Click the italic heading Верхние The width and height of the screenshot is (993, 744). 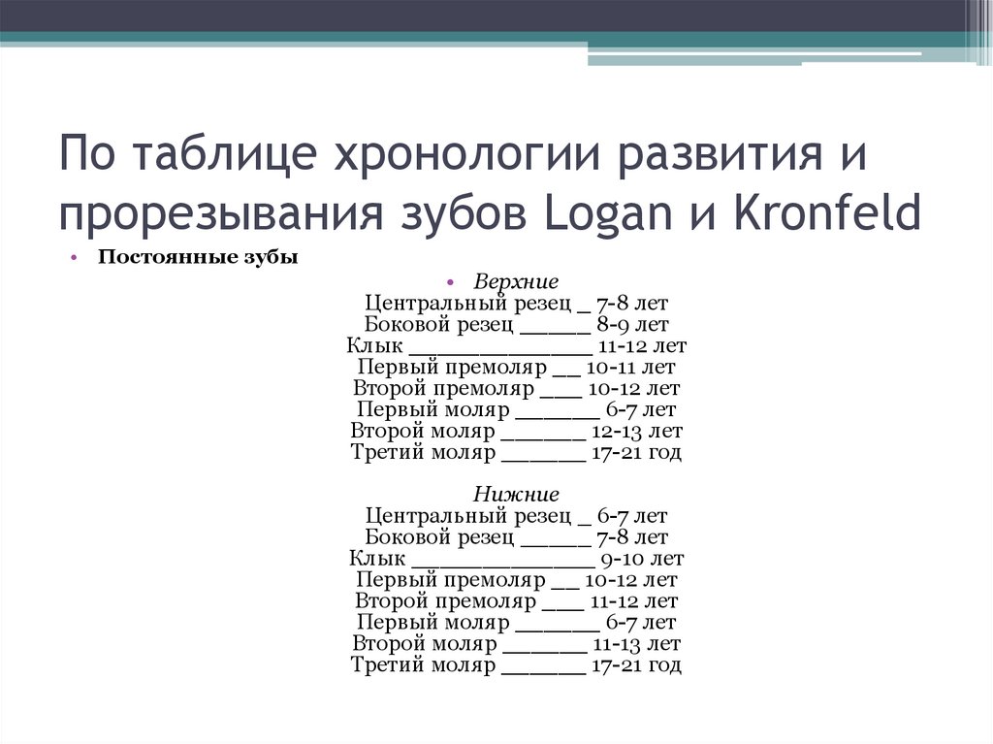[516, 282]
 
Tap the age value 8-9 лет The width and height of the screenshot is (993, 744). [632, 325]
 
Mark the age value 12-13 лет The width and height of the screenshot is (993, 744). [639, 431]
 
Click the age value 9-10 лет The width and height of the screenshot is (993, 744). [642, 559]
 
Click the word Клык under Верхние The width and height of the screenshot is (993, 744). [374, 346]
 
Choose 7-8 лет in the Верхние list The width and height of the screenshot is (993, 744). [632, 304]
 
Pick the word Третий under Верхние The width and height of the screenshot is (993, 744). [384, 452]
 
